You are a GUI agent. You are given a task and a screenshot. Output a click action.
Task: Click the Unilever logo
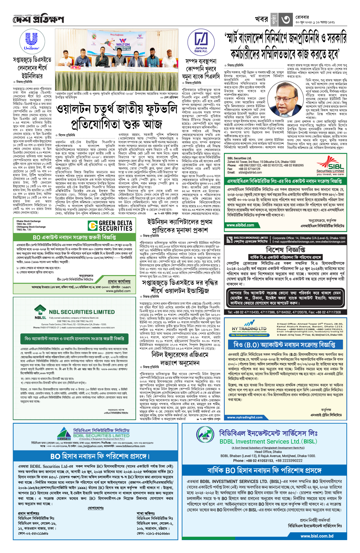32,42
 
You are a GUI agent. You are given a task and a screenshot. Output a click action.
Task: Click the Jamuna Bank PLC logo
201,42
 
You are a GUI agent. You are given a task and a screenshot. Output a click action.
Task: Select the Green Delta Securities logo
110,226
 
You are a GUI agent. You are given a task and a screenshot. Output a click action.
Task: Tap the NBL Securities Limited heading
82,312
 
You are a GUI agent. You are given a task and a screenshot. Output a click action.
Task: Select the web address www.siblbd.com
240,225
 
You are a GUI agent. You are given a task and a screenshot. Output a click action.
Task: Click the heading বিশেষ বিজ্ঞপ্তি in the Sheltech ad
285,250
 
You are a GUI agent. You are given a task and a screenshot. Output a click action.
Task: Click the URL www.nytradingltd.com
245,417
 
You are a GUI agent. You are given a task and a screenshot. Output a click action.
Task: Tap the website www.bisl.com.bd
317,536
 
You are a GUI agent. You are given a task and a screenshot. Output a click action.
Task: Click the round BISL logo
205,438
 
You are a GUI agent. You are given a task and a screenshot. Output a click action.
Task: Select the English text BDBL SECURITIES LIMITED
101,436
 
